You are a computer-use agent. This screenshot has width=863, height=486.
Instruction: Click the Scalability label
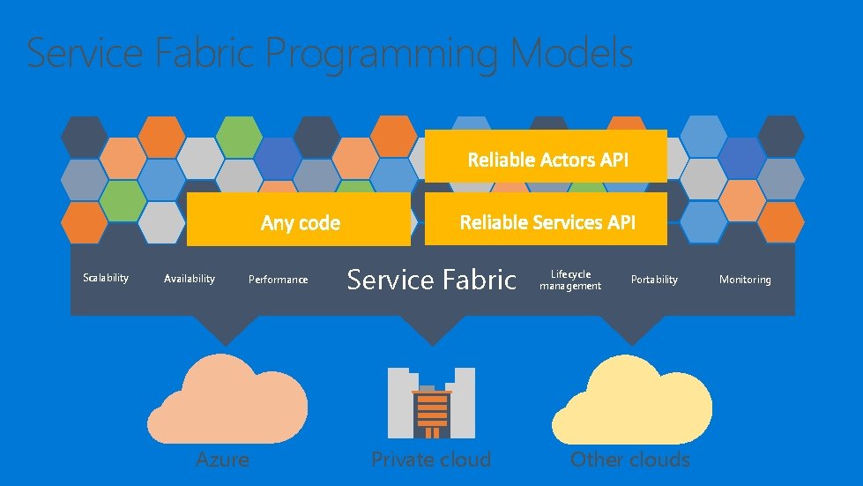point(106,278)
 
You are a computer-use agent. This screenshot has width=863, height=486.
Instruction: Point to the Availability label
point(190,279)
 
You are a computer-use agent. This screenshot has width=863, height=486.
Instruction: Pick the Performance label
point(279,280)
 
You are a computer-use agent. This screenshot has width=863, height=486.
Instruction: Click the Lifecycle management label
point(570,280)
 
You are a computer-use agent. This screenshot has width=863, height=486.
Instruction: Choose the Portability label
point(654,280)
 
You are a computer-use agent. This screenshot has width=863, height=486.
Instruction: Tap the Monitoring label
point(745,280)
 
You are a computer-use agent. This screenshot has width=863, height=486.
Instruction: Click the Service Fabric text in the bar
point(431,280)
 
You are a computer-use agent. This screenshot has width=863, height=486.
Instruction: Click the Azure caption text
point(222,459)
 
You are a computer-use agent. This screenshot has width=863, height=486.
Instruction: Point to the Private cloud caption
point(431,459)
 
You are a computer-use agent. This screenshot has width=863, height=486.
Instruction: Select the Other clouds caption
point(630,459)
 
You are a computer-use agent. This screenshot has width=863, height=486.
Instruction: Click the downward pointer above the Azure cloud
point(227,330)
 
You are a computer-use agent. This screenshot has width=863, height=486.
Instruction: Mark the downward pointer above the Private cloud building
point(431,330)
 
